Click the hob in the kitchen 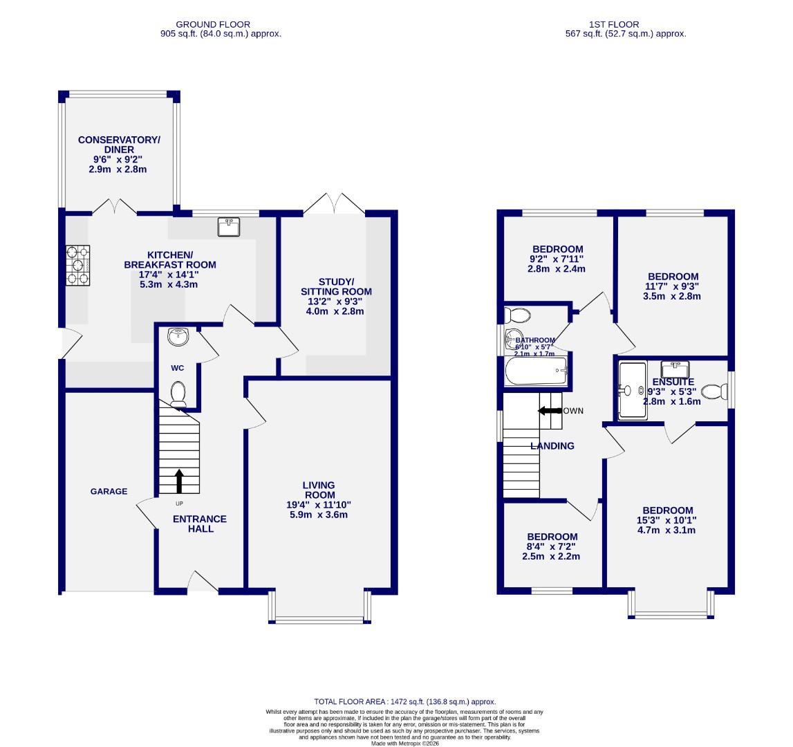[x=78, y=266]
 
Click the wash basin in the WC [x=178, y=337]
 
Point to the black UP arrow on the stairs [x=179, y=480]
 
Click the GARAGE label [x=109, y=492]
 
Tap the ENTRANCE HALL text [x=200, y=524]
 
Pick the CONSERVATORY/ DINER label [x=119, y=145]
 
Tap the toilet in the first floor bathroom [x=518, y=316]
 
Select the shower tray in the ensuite [x=631, y=391]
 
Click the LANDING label [x=552, y=446]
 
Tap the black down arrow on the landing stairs [x=550, y=411]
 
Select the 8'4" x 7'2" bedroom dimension [x=552, y=546]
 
